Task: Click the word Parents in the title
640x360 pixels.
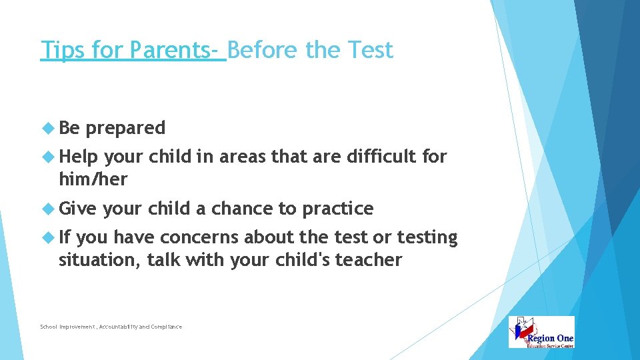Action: [x=171, y=50]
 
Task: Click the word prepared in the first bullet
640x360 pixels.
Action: [x=125, y=127]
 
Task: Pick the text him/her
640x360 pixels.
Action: [x=93, y=179]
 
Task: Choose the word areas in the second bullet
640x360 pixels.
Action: [x=243, y=157]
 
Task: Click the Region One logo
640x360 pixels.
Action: [x=541, y=332]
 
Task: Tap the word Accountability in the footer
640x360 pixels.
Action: [x=123, y=327]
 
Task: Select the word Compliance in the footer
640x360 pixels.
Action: [x=166, y=327]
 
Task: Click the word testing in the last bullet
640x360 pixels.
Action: [x=427, y=238]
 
